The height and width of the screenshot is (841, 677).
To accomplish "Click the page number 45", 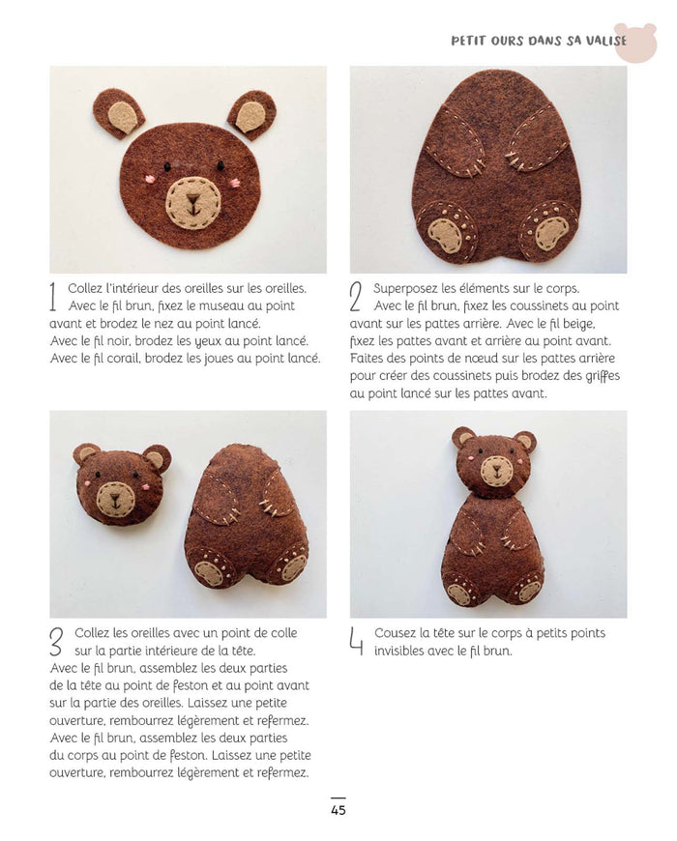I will (x=338, y=810).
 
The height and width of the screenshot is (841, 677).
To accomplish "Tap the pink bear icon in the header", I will (x=634, y=43).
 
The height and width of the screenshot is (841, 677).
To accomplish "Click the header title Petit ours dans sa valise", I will (x=539, y=41).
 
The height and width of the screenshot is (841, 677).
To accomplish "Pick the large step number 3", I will (x=57, y=641).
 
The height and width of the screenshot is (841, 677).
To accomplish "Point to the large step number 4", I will (x=357, y=641).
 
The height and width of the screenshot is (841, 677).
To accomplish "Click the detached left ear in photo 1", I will (x=119, y=114).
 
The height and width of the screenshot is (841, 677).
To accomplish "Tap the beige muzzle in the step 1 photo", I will (x=192, y=203).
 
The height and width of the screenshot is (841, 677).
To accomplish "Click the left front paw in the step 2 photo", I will (x=452, y=145).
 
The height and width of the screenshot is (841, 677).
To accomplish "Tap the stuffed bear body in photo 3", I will (x=247, y=517).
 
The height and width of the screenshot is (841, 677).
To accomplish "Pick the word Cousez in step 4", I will (x=396, y=633).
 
